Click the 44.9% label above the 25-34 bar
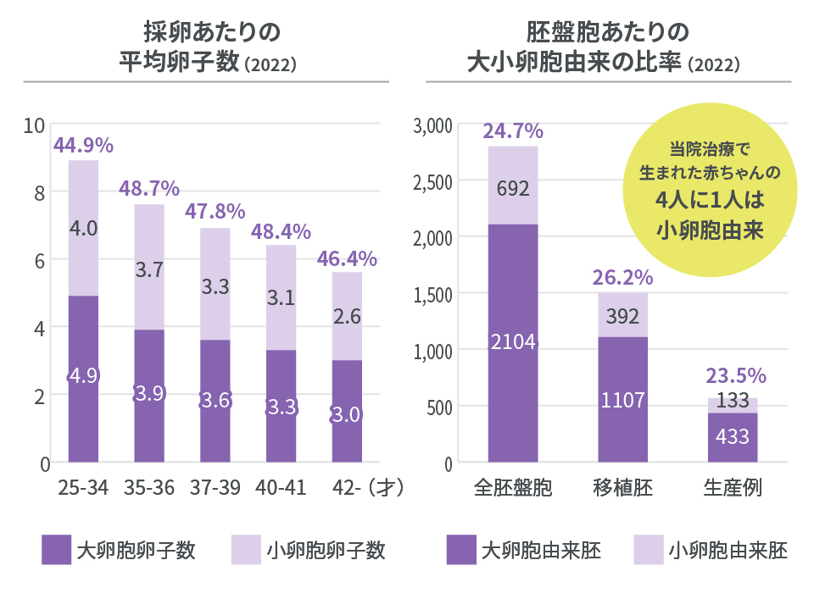tap(83, 145)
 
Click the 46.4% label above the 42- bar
tap(347, 258)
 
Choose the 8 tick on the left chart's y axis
tap(38, 192)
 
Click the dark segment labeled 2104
tap(512, 343)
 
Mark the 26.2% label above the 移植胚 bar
tap(622, 277)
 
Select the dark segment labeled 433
tap(733, 437)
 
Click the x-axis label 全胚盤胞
tap(512, 489)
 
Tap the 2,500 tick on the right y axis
tap(432, 181)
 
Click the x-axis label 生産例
tap(733, 489)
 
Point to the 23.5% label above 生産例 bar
tap(733, 375)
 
